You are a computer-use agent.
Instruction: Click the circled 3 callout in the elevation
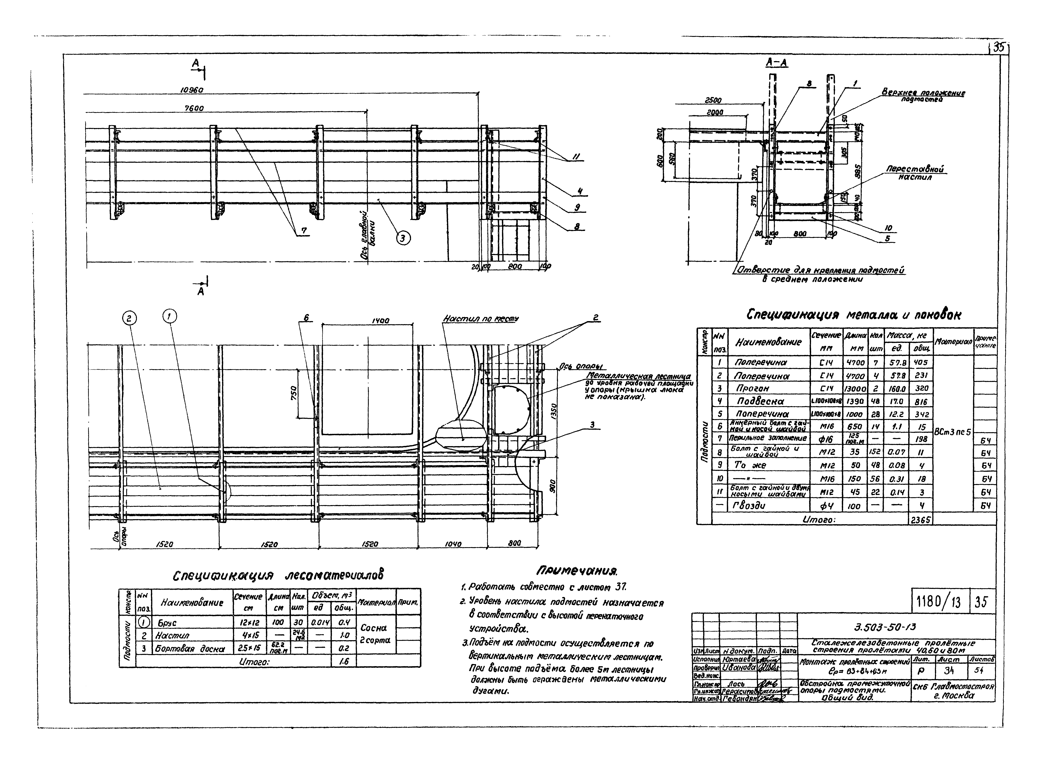pyautogui.click(x=403, y=238)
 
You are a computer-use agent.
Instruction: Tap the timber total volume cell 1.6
pyautogui.click(x=343, y=661)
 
